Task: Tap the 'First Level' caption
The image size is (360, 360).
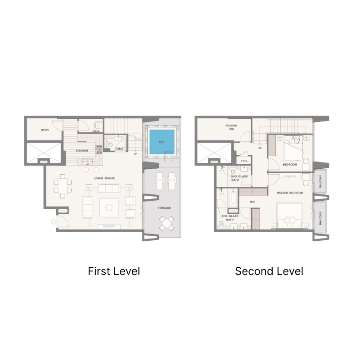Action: (x=114, y=271)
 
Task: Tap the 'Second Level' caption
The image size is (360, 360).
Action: (x=269, y=271)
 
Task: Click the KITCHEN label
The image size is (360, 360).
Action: (x=81, y=150)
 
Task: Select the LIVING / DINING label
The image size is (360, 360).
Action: (x=104, y=178)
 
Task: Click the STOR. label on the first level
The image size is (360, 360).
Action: (x=45, y=130)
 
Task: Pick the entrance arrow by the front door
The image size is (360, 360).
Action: (x=54, y=221)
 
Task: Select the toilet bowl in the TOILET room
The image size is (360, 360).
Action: (x=109, y=145)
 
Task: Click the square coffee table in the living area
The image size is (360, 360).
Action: (x=109, y=207)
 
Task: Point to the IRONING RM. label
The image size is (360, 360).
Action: (x=232, y=127)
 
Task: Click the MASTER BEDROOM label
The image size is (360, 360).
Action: (x=289, y=193)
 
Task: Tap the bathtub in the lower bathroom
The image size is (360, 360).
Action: (x=232, y=199)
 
